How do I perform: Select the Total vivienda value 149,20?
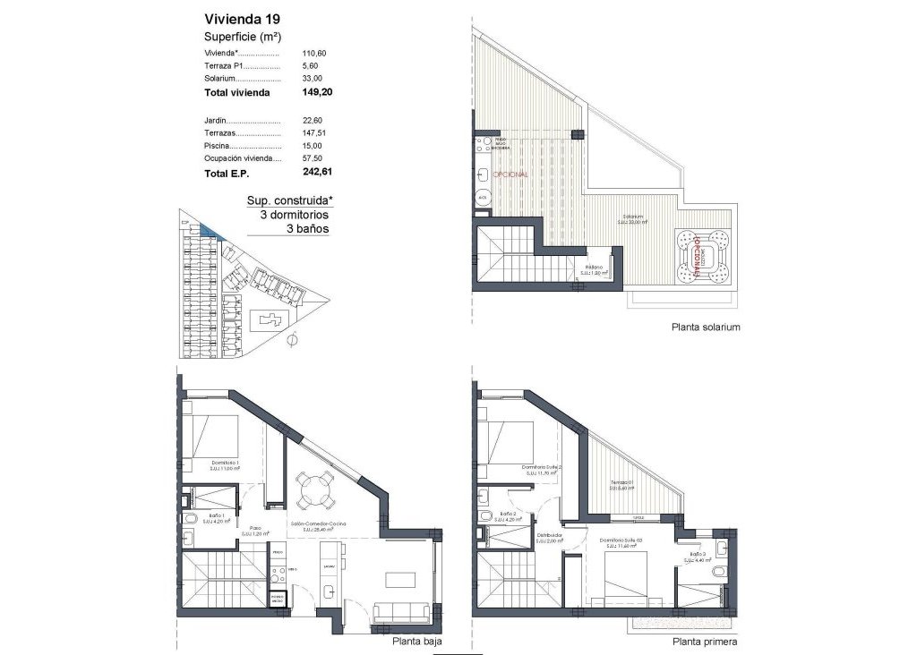coord(318,91)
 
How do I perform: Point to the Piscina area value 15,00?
coord(315,145)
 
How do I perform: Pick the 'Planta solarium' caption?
coord(706,327)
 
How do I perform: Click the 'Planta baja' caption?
coord(417,642)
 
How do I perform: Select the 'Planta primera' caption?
coord(706,642)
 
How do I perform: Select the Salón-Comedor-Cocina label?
coord(318,526)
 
